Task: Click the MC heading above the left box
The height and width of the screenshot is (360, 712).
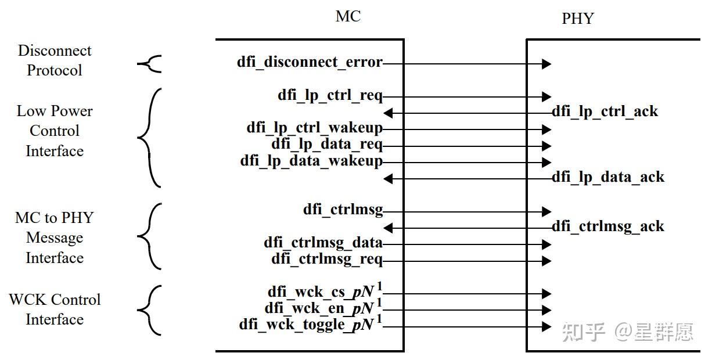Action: [x=348, y=16]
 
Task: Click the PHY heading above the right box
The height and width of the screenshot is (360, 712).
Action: [x=578, y=19]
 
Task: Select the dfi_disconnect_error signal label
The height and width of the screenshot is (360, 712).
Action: [x=310, y=62]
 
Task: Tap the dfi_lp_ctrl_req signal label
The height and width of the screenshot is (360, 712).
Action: [x=330, y=95]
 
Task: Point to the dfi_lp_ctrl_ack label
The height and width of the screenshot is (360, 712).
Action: [x=605, y=111]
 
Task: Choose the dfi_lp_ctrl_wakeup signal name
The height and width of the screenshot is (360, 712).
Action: [x=314, y=128]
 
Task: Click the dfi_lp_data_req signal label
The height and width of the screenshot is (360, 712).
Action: [x=327, y=145]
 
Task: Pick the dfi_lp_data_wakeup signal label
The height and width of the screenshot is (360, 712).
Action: [x=311, y=161]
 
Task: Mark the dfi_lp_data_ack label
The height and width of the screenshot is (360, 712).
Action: [x=607, y=177]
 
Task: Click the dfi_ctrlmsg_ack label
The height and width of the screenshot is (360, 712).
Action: [x=607, y=226]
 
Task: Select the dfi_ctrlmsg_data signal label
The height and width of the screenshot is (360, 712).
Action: [x=323, y=243]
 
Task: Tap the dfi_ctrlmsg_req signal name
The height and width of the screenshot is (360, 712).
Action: [x=327, y=259]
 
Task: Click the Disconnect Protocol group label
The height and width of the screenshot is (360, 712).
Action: [x=55, y=60]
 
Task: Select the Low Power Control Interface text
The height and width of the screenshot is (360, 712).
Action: [x=55, y=131]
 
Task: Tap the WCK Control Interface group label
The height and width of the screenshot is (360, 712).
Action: [x=55, y=309]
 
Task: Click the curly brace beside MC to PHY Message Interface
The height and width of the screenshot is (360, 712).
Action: [x=149, y=236]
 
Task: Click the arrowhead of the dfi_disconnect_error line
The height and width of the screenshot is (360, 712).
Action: [x=546, y=63]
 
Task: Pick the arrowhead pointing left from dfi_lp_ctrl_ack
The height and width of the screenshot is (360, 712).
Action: [x=389, y=113]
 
